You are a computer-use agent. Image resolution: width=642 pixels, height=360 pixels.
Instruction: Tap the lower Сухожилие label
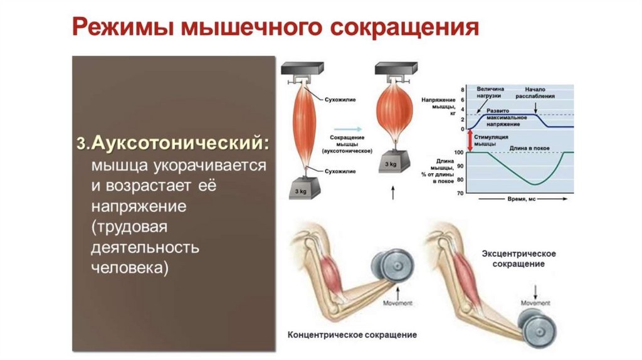[x=340, y=170]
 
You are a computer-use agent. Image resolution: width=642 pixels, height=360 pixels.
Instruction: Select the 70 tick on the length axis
[x=460, y=193]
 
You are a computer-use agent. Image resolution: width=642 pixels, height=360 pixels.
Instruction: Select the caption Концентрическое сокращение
[x=352, y=334]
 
